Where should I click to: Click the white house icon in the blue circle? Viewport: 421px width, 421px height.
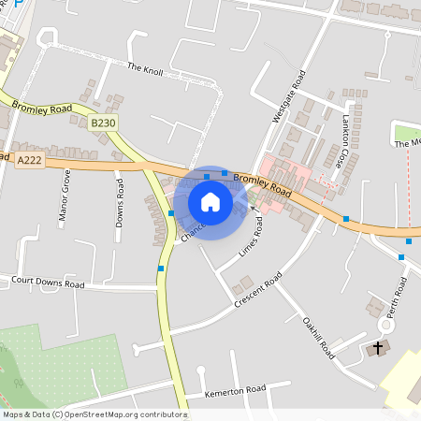point(210,202)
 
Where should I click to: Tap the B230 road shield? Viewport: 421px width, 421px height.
point(104,123)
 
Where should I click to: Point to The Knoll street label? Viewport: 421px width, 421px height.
point(145,68)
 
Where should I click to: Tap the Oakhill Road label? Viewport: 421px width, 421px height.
point(318,338)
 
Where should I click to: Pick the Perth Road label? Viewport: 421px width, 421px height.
point(398,298)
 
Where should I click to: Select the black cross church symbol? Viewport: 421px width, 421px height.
point(378,349)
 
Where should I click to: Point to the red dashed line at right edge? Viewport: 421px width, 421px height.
point(409,187)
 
